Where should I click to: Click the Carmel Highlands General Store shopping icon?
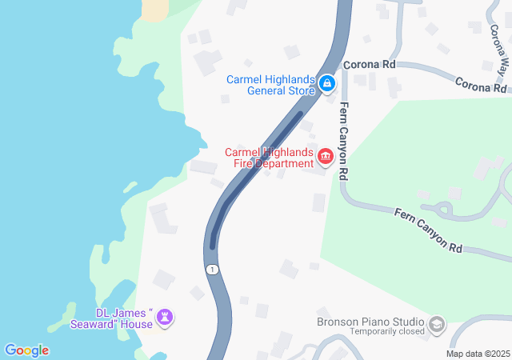coord(326,83)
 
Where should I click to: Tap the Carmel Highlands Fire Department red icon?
coord(326,156)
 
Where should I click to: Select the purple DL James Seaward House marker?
coord(165,318)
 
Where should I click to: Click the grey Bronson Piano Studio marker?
coord(437,324)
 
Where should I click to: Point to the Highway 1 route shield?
coord(211,270)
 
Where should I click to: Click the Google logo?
coord(26,350)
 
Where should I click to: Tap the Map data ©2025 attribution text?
coord(477,354)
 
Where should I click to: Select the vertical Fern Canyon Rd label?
coord(344,140)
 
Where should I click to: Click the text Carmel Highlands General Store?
coord(270,85)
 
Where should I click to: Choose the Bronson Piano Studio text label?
coord(370,322)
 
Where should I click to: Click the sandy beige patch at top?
coord(156,8)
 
